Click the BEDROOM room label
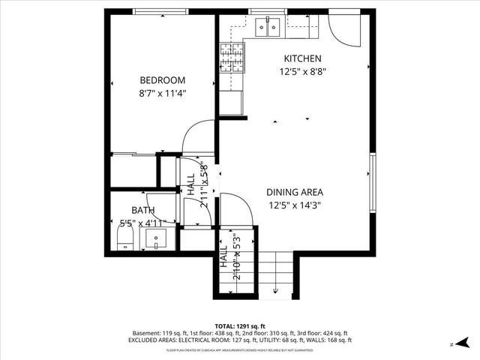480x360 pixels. coord(162,80)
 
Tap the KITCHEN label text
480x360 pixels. coord(302,58)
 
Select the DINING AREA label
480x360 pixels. coord(295,192)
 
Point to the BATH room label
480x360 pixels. coord(142,211)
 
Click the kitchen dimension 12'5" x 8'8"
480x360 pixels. coord(302,72)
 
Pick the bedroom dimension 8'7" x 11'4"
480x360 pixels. coord(162,94)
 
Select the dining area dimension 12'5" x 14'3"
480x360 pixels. coord(295,205)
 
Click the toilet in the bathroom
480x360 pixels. coord(126,239)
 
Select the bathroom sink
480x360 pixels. coord(159,240)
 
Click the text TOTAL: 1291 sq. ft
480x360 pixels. coord(240,326)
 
